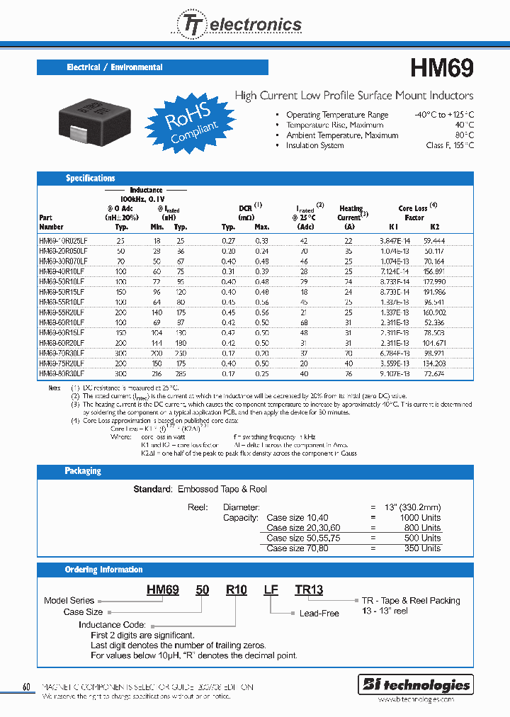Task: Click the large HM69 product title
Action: [442, 68]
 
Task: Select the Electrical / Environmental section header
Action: [115, 67]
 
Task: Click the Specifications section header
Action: [90, 179]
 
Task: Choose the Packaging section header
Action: [83, 471]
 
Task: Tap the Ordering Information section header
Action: [103, 570]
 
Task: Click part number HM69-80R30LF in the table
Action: [62, 373]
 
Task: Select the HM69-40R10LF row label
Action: [62, 271]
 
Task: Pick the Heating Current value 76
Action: [348, 373]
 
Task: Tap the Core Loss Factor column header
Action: [414, 213]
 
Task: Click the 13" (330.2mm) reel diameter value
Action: [412, 507]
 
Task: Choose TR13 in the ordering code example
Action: [309, 589]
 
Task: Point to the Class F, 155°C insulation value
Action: [450, 145]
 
